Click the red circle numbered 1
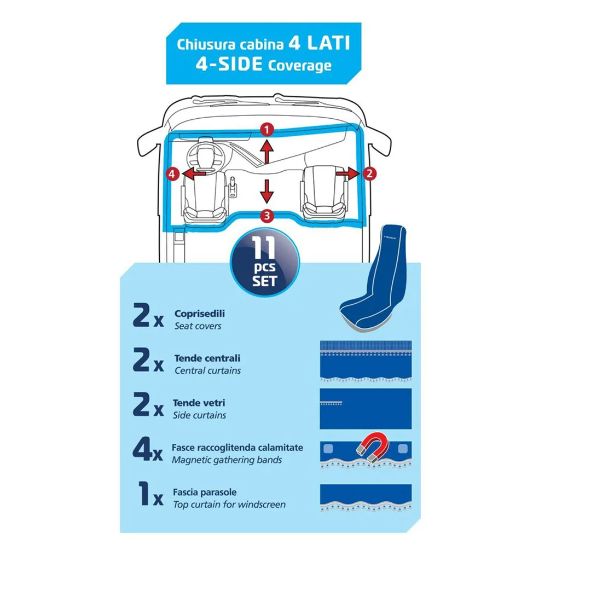coord(267,130)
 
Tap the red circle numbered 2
coord(369,173)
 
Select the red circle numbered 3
coord(267,216)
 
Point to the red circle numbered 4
coord(172,174)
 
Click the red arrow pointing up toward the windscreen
coord(267,152)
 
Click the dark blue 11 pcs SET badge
coord(265,263)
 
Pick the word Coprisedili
coord(199,314)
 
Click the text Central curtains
coord(207,370)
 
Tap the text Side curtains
coord(199,415)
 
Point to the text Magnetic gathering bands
coord(227,460)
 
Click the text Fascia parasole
coord(205,493)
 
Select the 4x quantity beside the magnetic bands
coord(148,450)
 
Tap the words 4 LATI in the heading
coord(319,43)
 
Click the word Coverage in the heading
coord(300,66)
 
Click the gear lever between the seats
coord(233,187)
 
